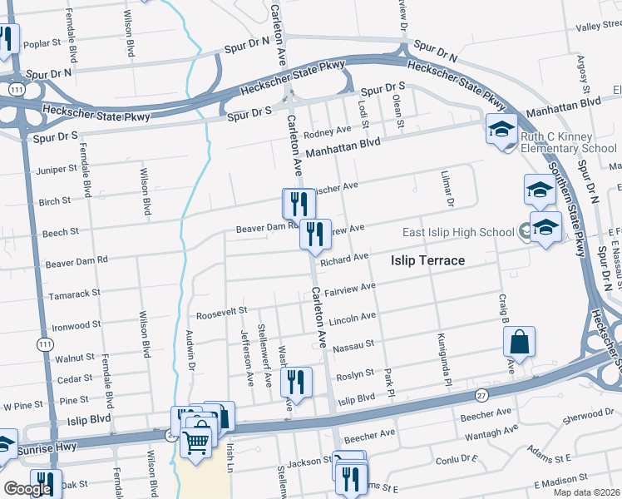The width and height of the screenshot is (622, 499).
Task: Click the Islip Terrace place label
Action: [427, 260]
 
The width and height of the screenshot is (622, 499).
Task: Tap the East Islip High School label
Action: [457, 232]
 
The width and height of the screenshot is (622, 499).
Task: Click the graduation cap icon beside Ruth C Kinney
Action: [502, 131]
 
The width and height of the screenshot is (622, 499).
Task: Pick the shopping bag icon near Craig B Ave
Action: [519, 342]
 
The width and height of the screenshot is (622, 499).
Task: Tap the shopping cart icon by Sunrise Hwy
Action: [196, 441]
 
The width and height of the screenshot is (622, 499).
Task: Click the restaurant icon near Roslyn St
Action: [296, 382]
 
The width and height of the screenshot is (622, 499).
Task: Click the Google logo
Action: [27, 489]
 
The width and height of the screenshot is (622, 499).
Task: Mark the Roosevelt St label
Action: [222, 311]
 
